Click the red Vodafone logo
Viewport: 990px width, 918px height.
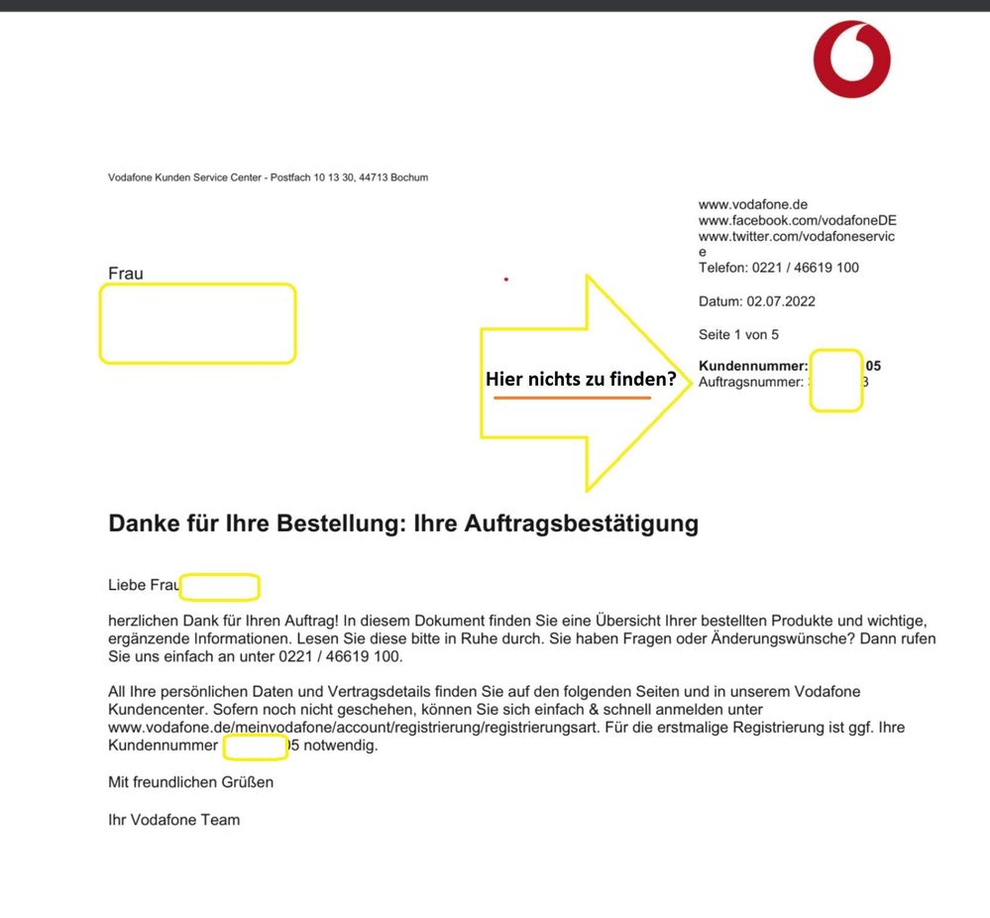pos(852,58)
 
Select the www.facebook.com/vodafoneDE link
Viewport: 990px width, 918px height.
pos(797,221)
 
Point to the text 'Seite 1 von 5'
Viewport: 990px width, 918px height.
pos(738,335)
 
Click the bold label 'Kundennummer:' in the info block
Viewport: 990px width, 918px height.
pos(753,366)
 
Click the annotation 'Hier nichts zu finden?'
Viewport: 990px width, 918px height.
pos(580,379)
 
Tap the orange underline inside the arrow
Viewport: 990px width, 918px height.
pos(572,399)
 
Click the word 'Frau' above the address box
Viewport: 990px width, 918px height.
pos(126,274)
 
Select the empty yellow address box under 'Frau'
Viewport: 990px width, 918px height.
pos(197,323)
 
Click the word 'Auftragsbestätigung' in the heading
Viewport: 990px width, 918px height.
pos(581,523)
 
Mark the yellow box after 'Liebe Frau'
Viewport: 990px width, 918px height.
pos(219,587)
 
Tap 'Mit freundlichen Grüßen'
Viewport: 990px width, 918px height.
pos(190,782)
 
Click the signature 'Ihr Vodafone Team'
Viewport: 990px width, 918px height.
pos(173,820)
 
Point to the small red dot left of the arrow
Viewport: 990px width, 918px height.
pos(506,280)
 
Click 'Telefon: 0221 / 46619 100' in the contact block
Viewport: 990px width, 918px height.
pos(778,268)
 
